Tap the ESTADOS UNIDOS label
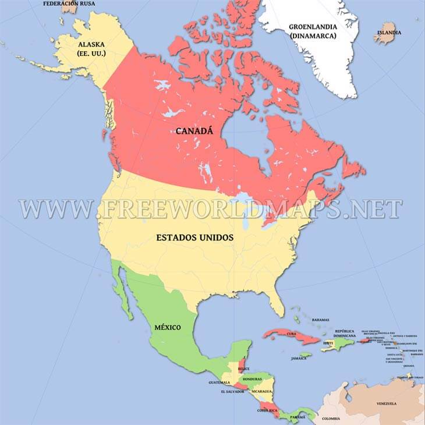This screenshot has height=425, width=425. pyautogui.click(x=195, y=238)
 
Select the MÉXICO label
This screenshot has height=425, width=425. pyautogui.click(x=167, y=327)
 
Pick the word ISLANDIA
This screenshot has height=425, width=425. pyautogui.click(x=389, y=33)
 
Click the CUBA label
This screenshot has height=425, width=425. pyautogui.click(x=292, y=334)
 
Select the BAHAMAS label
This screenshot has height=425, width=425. pyautogui.click(x=320, y=320)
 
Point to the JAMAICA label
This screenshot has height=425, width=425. pyautogui.click(x=299, y=358)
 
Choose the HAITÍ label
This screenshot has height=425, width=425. pyautogui.click(x=328, y=343)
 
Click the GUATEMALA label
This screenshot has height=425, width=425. pyautogui.click(x=219, y=382)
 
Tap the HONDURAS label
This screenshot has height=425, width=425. pyautogui.click(x=252, y=380)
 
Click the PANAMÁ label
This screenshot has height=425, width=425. pyautogui.click(x=297, y=417)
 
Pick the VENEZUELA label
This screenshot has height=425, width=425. pyautogui.click(x=386, y=403)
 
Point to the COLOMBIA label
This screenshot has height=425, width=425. pyautogui.click(x=331, y=419)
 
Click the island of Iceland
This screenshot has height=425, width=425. pyautogui.click(x=384, y=37)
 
